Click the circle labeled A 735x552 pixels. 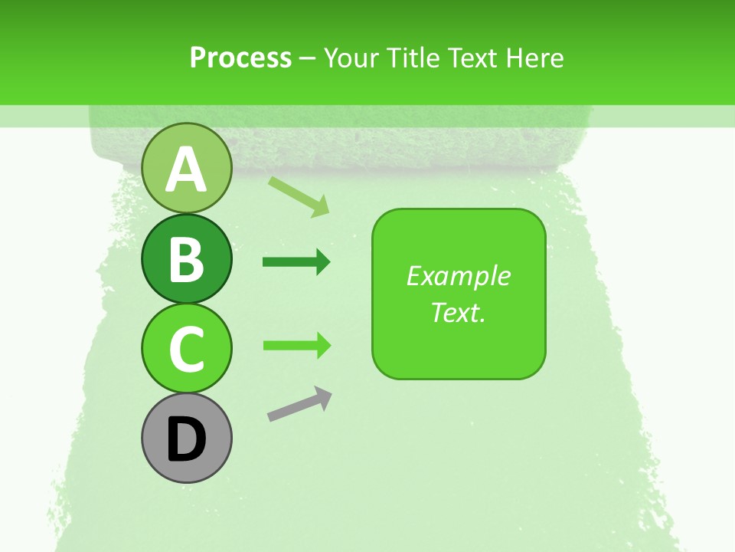tap(186, 168)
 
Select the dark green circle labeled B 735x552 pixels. tap(186, 258)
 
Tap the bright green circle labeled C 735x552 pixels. tap(186, 348)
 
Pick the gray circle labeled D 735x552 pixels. tap(186, 439)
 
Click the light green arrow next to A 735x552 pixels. tap(299, 196)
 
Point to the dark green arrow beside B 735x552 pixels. tap(296, 262)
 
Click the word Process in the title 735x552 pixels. tap(240, 58)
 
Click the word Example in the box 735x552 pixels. tap(458, 276)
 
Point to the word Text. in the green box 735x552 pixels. tap(458, 312)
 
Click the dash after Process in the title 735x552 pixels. tap(307, 58)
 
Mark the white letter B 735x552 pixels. tap(186, 258)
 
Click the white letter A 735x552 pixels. tap(186, 169)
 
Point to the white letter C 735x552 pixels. tap(186, 349)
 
